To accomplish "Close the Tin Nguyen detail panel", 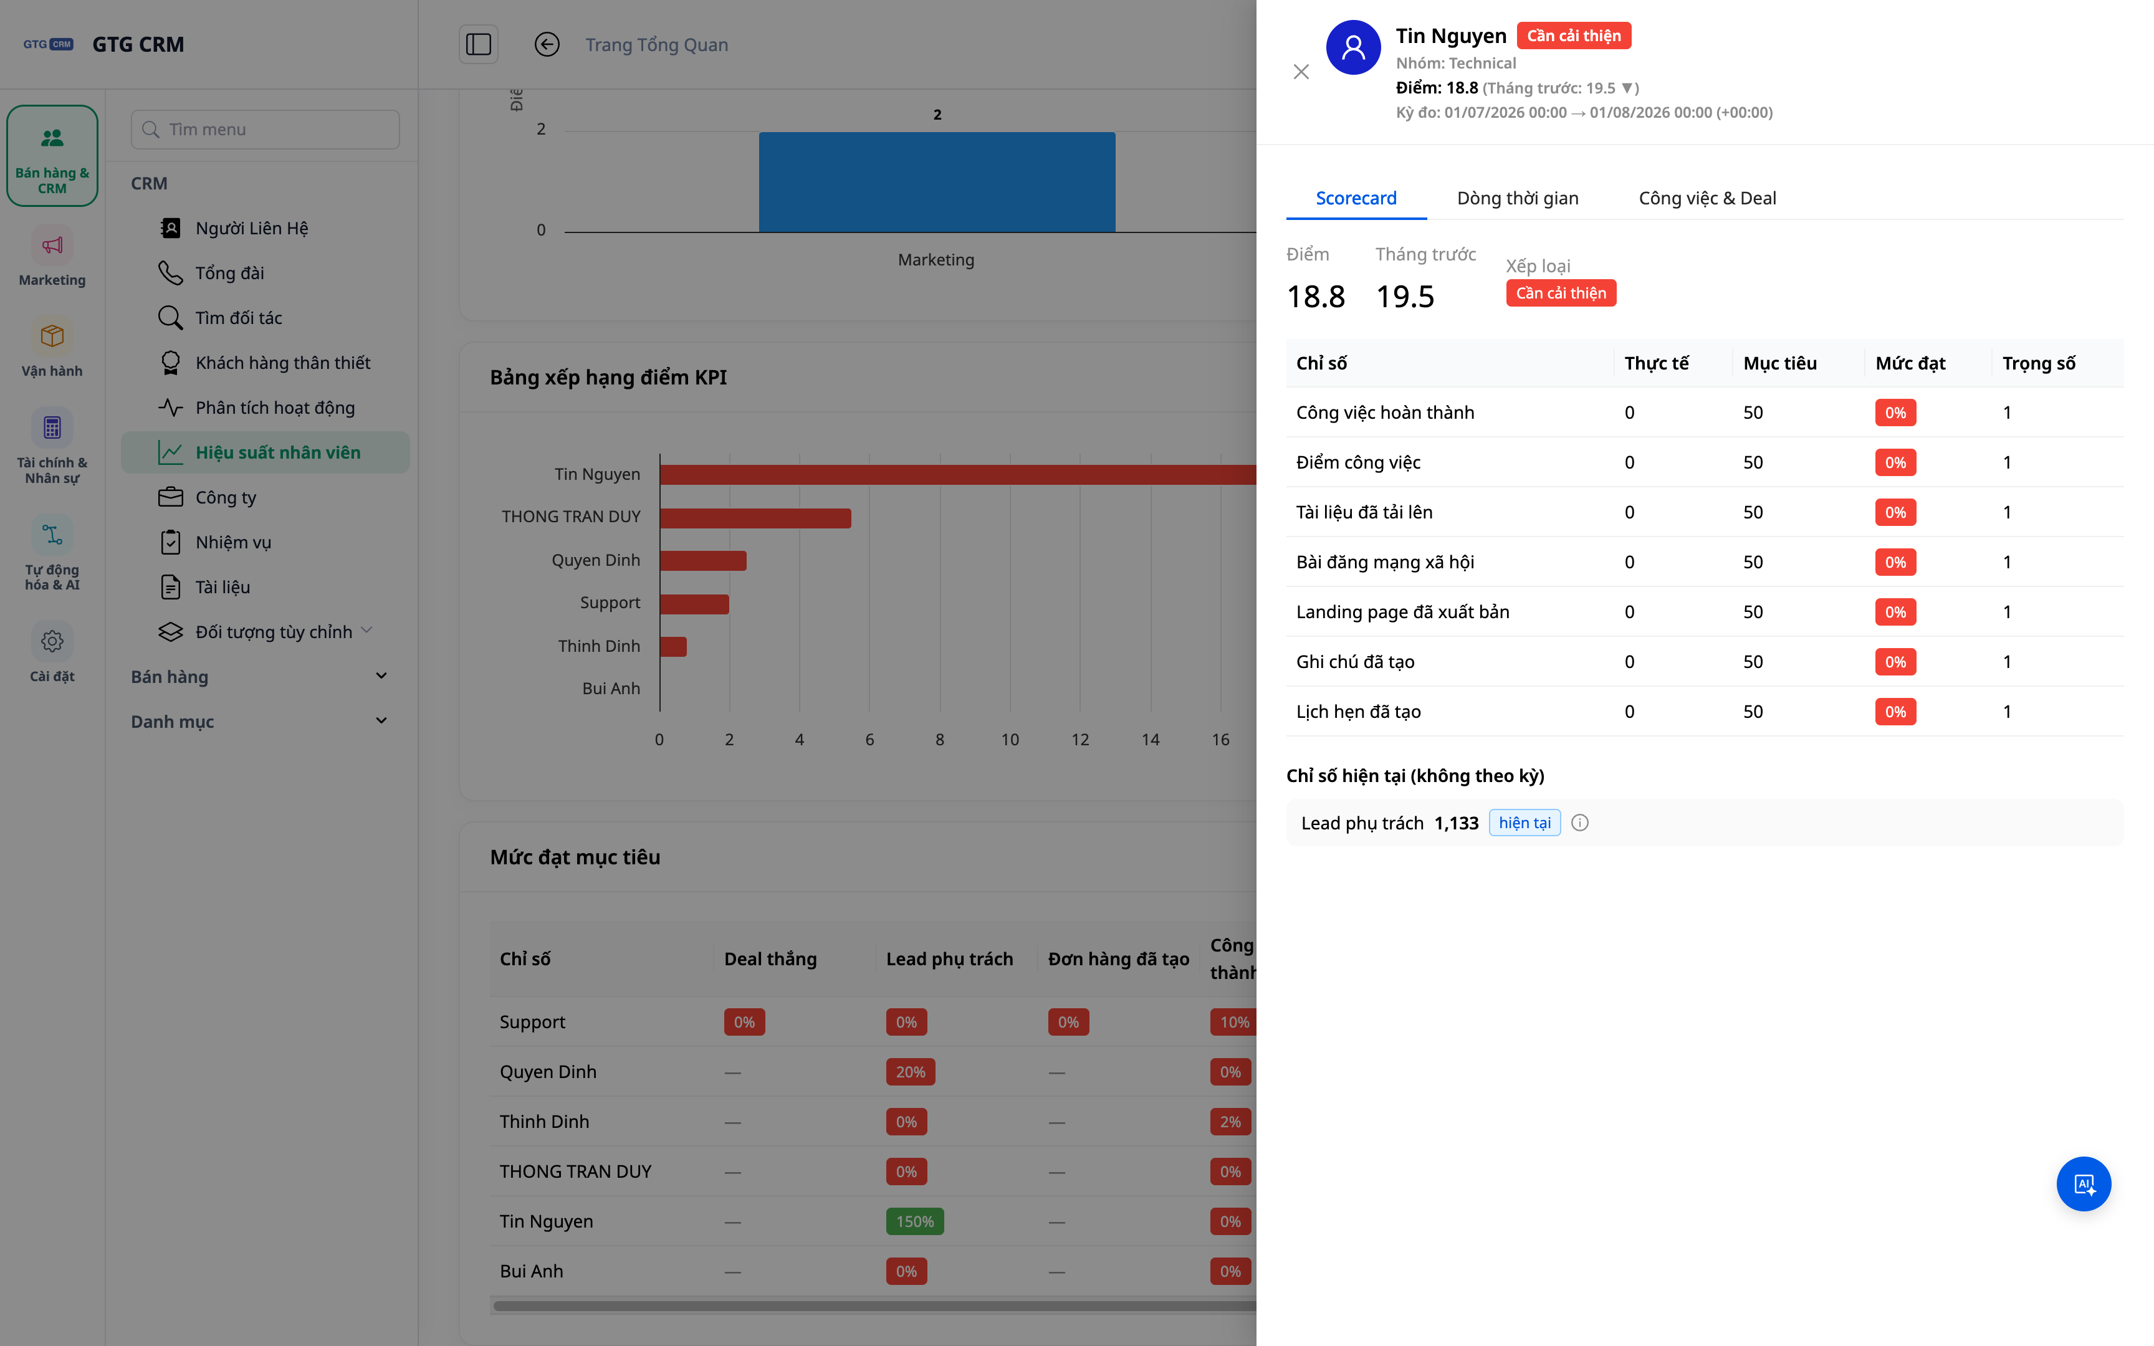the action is [1300, 72].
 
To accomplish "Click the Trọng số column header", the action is [2038, 363].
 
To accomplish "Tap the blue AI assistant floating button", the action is [2083, 1184].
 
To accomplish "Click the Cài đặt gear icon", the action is [52, 641].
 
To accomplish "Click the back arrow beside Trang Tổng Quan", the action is [547, 44].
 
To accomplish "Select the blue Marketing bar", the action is [936, 183].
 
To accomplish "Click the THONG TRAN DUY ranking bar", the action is [755, 518].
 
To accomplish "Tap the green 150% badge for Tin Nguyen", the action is [915, 1221].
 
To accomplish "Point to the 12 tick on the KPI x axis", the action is [1079, 740].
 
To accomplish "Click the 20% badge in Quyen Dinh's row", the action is [911, 1072].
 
